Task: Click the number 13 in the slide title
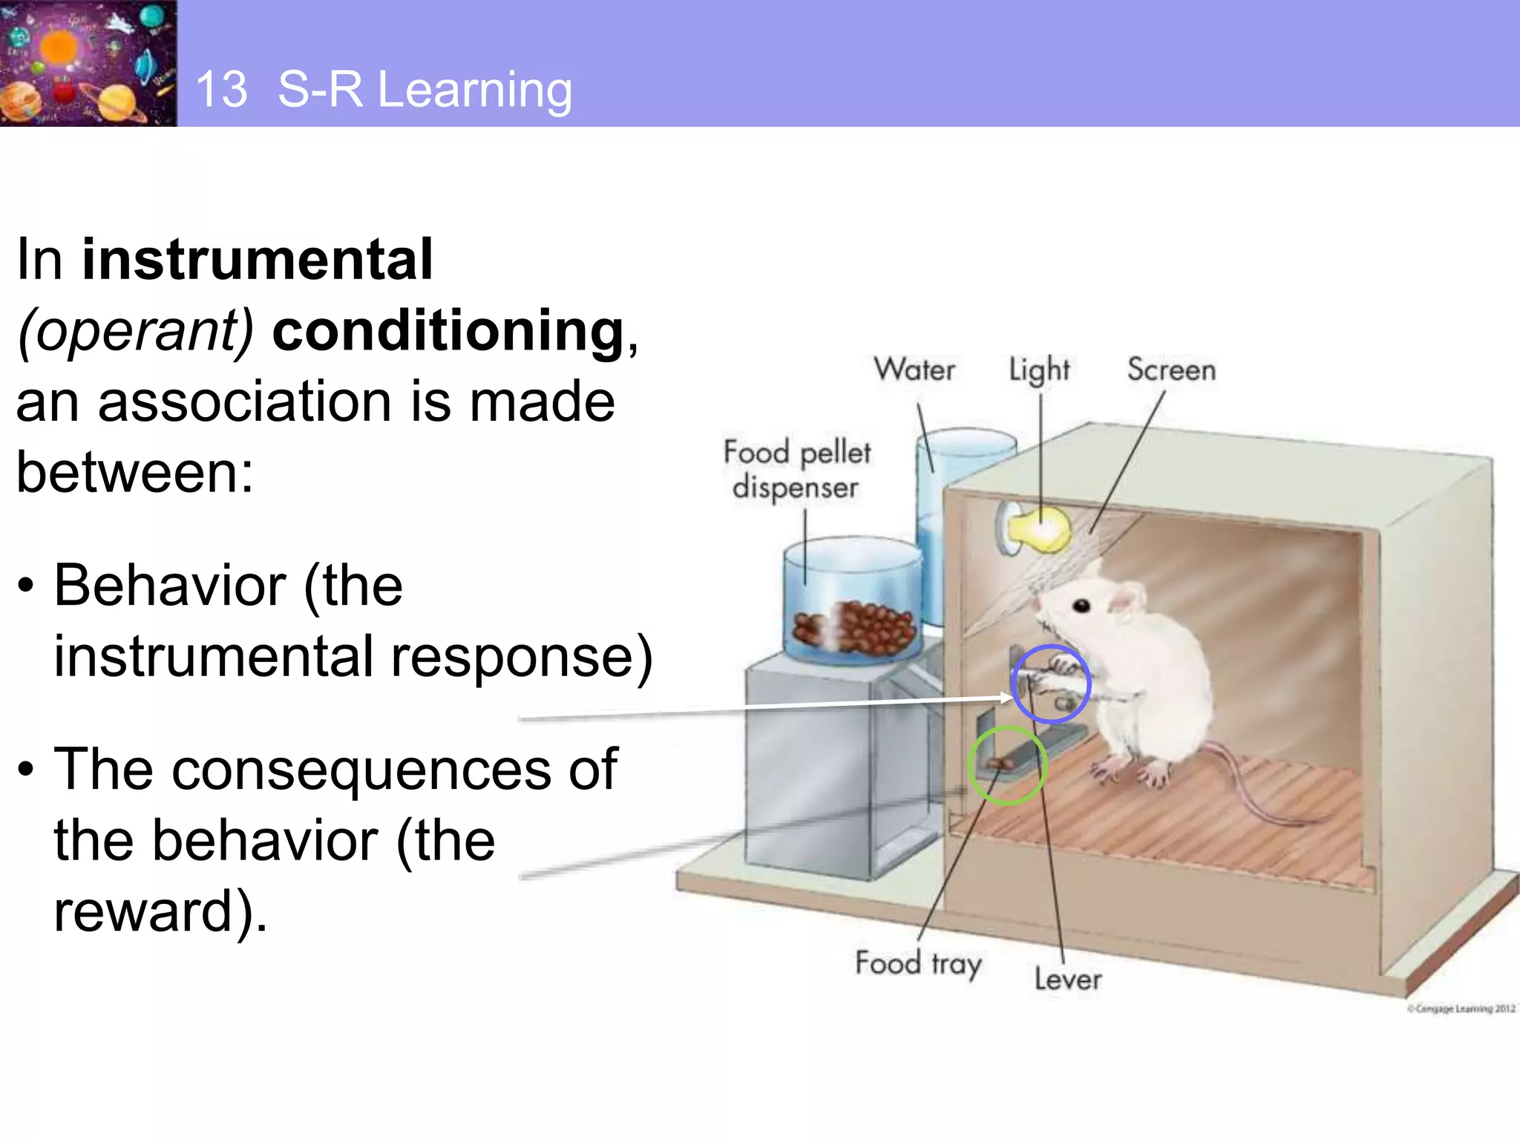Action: [x=221, y=90]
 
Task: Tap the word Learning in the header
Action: [x=475, y=90]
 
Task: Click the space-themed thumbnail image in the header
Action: [x=88, y=63]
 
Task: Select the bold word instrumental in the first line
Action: [x=257, y=259]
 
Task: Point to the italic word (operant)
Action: [x=136, y=330]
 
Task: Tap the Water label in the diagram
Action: [x=914, y=370]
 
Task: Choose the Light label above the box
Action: [x=1039, y=370]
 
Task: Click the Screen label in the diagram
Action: [x=1171, y=370]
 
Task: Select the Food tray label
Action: [x=918, y=963]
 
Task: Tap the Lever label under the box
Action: [x=1068, y=980]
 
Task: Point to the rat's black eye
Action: [x=1082, y=606]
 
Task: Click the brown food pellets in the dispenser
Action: [x=854, y=625]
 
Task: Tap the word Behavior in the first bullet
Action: [x=169, y=586]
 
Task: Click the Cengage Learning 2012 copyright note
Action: [x=1461, y=1008]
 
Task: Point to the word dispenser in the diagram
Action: [x=795, y=487]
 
